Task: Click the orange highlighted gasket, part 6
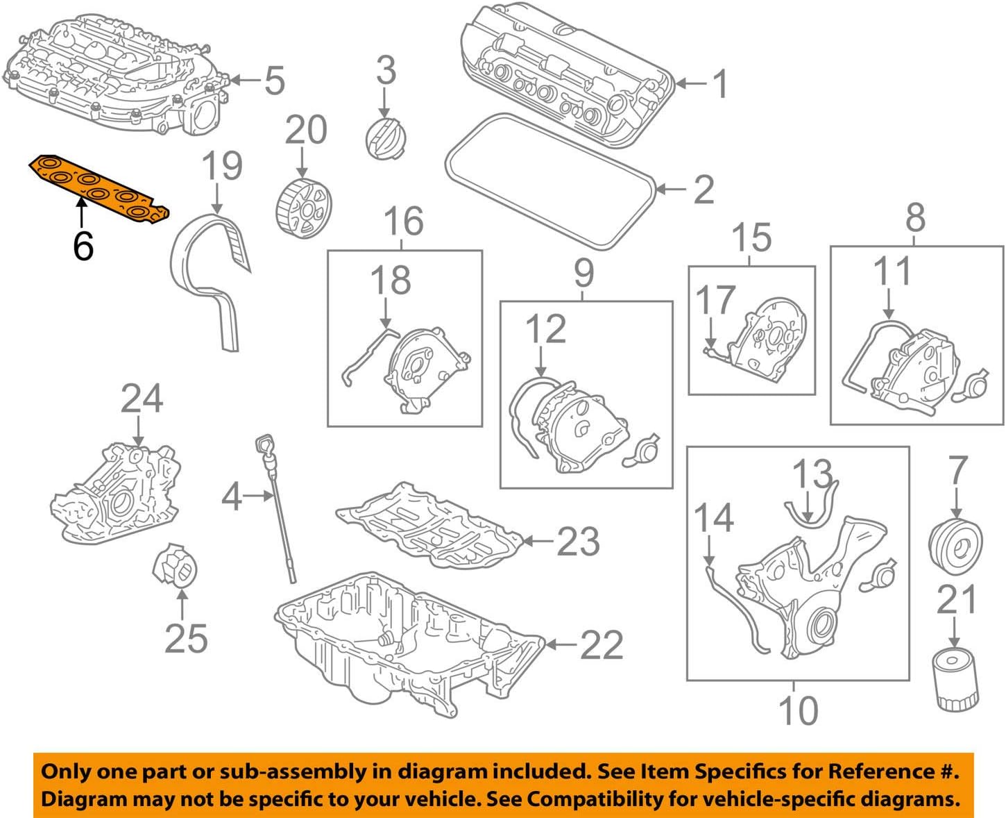[98, 187]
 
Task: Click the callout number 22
[601, 645]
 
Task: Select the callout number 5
[275, 81]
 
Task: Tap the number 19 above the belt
[222, 167]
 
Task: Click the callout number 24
[142, 399]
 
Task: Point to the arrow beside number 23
[538, 540]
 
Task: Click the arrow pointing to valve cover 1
[690, 84]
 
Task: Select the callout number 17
[715, 300]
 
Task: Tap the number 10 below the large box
[798, 710]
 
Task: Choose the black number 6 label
[83, 246]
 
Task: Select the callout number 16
[404, 221]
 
